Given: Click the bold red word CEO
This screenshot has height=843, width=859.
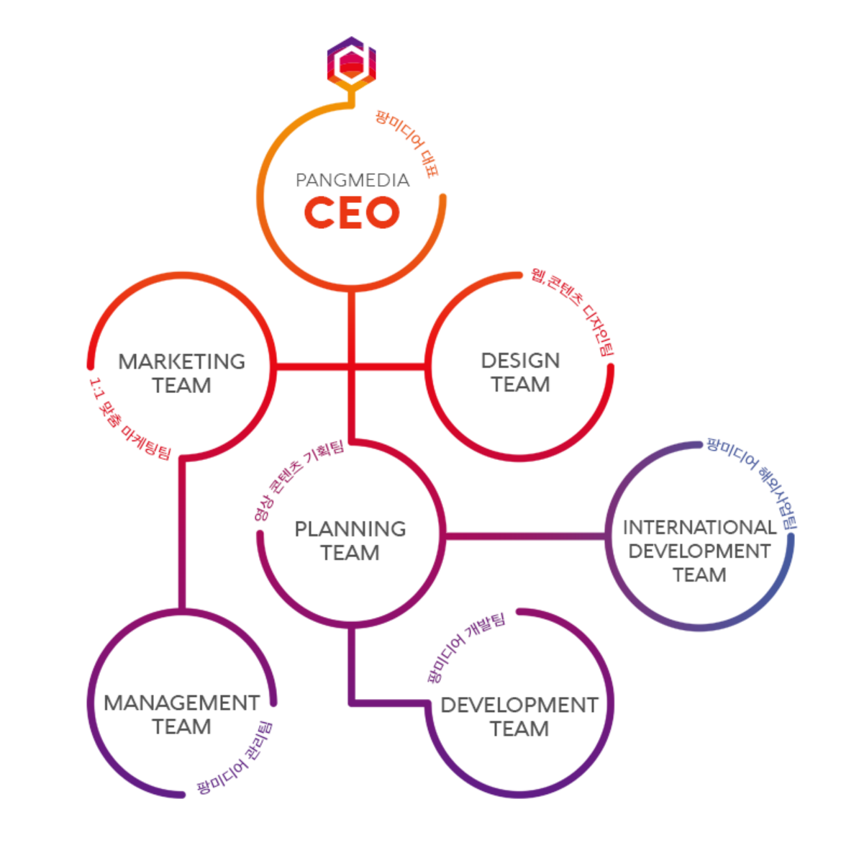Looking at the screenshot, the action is point(351,213).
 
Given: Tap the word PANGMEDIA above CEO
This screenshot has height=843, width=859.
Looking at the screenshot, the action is point(353,180).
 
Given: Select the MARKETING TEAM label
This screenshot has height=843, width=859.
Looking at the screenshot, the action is point(181,373).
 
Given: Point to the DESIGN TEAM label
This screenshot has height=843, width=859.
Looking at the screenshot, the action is point(520,372).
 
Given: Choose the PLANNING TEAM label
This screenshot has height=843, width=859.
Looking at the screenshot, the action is point(350,541).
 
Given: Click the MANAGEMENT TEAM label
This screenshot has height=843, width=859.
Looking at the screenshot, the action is point(181,714).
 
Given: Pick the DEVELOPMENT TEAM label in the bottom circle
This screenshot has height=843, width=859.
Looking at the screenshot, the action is point(519,716).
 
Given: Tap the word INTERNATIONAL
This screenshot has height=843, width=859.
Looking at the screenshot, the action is point(699,528).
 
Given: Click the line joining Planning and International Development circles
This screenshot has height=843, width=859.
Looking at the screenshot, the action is point(525,536).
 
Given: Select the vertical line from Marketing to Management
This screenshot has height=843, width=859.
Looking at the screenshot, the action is point(182,533).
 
